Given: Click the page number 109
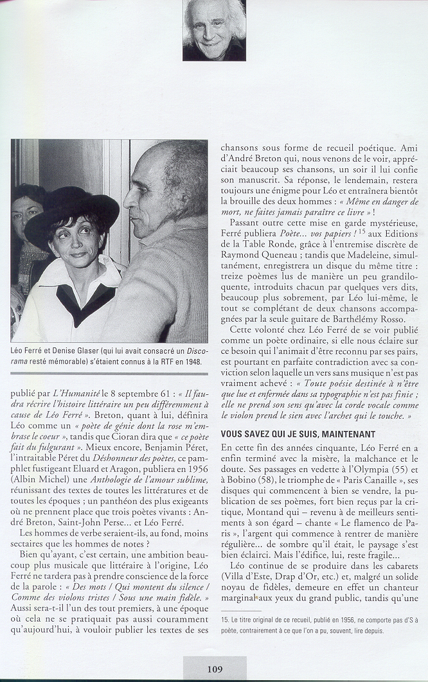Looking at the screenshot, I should point(215,669).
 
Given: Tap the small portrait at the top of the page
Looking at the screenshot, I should point(214,30).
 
